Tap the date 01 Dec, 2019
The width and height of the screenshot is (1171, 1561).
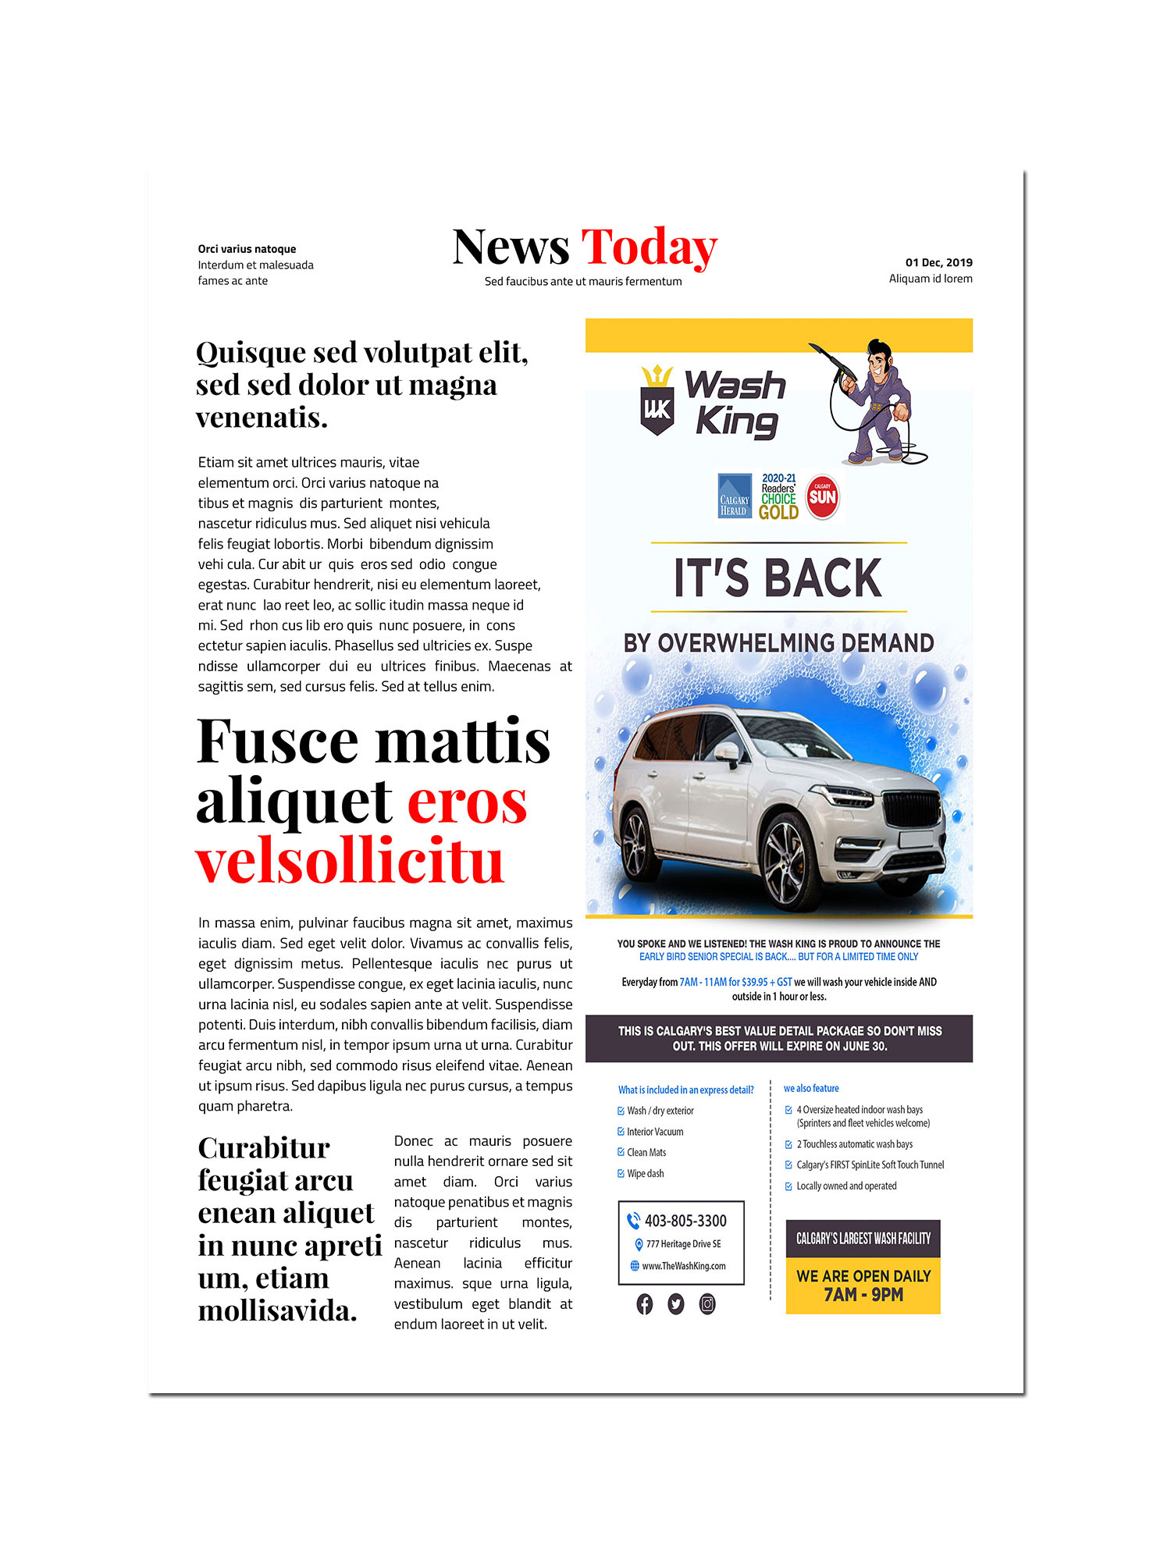click(938, 262)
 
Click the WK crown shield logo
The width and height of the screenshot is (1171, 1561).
click(657, 400)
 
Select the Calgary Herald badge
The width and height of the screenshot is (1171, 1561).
click(734, 496)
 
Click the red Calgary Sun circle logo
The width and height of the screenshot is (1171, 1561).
click(822, 496)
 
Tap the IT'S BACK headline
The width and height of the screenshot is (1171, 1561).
click(778, 578)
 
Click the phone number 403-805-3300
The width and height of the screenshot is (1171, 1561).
click(685, 1221)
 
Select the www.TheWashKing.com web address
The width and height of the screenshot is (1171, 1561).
click(683, 1266)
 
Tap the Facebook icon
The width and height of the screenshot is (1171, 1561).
click(645, 1304)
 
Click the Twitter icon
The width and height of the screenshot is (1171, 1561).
click(676, 1304)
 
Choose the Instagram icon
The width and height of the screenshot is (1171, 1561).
click(707, 1304)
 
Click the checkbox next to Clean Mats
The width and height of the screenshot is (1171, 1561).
click(621, 1153)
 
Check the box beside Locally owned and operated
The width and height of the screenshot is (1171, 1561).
click(788, 1186)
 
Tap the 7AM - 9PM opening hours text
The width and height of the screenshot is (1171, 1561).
click(863, 1295)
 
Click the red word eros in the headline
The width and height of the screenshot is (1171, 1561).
click(467, 802)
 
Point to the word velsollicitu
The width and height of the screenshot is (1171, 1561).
click(350, 862)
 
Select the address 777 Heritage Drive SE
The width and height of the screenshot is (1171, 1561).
click(683, 1244)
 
